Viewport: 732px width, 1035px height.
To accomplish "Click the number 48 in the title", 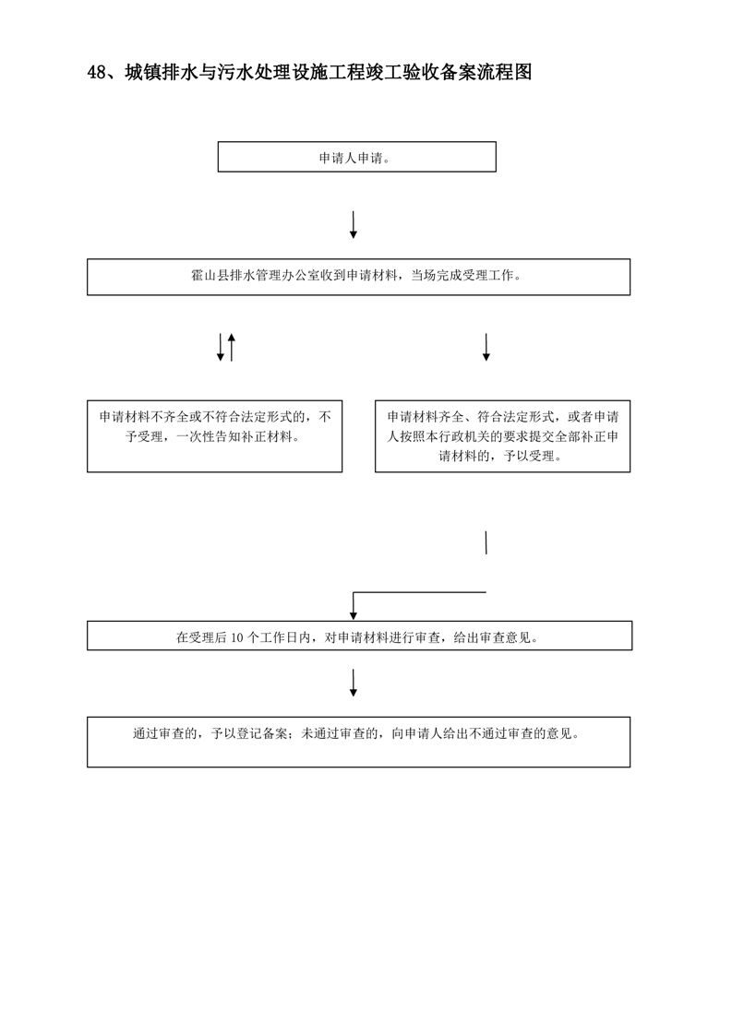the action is (x=96, y=73).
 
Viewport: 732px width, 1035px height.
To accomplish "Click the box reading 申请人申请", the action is (x=356, y=157).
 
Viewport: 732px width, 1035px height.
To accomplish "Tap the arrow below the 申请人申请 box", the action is (x=354, y=224).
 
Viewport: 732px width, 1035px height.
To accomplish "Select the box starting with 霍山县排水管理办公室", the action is (x=359, y=277).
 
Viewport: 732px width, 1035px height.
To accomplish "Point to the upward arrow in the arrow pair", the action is (x=231, y=347).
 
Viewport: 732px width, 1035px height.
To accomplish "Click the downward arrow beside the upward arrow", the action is (x=221, y=347).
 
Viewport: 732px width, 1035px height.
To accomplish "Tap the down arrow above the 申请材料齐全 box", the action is (x=486, y=347).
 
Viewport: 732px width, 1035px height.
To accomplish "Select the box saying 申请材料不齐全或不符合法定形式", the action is (x=215, y=436).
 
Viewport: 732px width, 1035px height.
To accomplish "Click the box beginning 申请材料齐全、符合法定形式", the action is (x=503, y=436).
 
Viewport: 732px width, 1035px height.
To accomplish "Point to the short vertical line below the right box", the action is (x=486, y=542).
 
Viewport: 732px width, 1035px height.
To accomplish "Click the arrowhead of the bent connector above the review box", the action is (x=354, y=616).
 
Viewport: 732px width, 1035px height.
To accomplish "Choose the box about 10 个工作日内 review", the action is (x=359, y=636).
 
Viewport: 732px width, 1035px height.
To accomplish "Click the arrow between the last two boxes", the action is (x=354, y=684).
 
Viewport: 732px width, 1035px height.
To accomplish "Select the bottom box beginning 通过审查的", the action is (x=359, y=742).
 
